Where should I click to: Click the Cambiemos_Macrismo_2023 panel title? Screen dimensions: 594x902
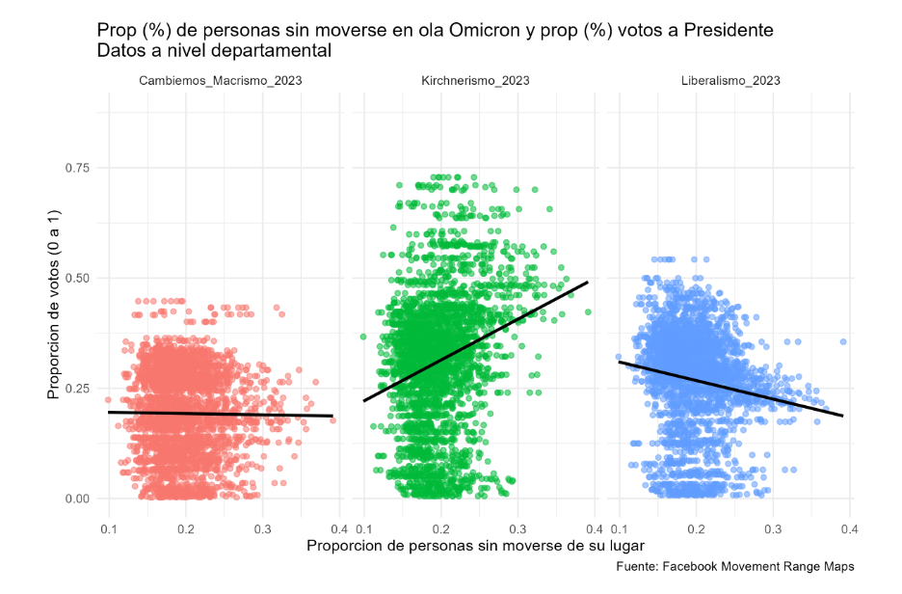[221, 81]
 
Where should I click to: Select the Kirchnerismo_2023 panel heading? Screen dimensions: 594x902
[475, 81]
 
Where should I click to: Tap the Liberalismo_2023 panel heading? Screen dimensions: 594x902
[730, 81]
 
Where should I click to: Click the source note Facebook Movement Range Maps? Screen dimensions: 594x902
[734, 567]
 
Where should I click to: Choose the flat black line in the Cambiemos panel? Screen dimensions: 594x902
[221, 414]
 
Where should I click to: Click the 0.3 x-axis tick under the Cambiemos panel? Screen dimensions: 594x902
[263, 528]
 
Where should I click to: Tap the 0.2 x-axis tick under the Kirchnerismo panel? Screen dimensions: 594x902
[441, 528]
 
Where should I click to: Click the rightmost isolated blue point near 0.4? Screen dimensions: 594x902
[843, 341]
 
